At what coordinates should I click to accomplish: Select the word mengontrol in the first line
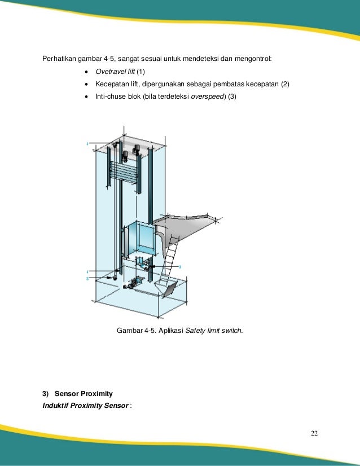(x=252, y=59)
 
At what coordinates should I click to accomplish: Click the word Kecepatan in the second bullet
(x=112, y=84)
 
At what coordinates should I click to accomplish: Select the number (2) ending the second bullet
(x=285, y=84)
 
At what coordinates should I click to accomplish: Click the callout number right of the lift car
(x=179, y=265)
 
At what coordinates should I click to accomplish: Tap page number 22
(x=314, y=433)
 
